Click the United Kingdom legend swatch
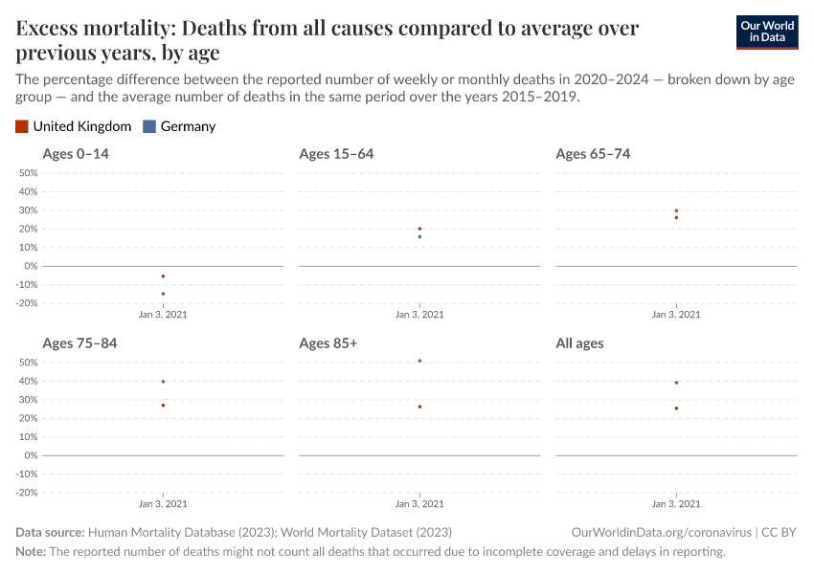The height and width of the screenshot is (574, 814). (x=22, y=126)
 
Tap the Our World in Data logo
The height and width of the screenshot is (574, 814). (x=766, y=32)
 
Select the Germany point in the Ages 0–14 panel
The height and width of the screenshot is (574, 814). (x=163, y=294)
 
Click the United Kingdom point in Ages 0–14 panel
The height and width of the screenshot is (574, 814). (x=163, y=276)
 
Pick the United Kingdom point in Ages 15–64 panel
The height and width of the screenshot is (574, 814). (x=419, y=229)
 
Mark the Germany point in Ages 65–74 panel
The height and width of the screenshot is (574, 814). (x=676, y=210)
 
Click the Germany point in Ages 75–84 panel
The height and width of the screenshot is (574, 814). (x=163, y=382)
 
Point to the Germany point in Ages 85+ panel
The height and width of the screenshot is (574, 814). (x=419, y=361)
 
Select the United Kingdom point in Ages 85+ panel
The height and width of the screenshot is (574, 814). (x=419, y=407)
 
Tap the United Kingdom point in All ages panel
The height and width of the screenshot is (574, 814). (x=676, y=408)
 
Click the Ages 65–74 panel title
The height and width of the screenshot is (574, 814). (x=593, y=154)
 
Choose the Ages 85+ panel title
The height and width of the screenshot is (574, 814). (x=328, y=343)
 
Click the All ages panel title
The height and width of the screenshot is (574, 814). (x=579, y=343)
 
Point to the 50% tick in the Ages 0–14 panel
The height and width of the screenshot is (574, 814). (x=28, y=173)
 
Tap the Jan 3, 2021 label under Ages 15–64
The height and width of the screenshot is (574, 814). (x=419, y=315)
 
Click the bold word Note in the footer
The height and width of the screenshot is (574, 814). (x=30, y=552)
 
